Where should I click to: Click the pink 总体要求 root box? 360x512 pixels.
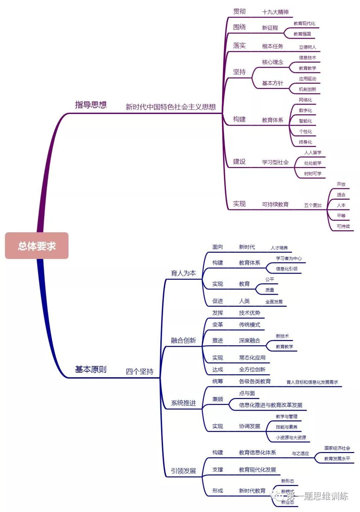pos(37,246)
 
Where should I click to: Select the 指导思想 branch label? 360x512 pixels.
pos(91,105)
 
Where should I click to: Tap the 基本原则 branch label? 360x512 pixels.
pos(91,369)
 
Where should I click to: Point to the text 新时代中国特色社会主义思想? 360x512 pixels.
pos(171,107)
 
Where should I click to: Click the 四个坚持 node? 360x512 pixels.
pos(140,371)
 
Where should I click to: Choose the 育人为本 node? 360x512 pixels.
pos(183,273)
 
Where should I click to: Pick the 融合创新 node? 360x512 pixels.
pos(183,340)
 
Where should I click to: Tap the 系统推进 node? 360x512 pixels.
pos(183,403)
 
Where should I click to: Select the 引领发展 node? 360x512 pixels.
pos(183,471)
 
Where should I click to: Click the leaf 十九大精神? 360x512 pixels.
pos(275,12)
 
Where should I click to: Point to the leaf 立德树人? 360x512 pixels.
pos(307,47)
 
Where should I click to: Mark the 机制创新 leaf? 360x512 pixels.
pos(307,89)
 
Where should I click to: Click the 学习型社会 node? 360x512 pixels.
pos(275,162)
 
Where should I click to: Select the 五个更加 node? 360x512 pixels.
pos(313,205)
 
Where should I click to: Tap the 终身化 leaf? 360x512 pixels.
pos(305,142)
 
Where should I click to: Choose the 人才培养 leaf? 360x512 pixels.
pos(279,248)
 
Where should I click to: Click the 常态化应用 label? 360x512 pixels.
pos(252,358)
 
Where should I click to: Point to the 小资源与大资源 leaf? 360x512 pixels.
pos(291,437)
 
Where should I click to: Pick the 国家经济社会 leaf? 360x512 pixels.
pos(337,448)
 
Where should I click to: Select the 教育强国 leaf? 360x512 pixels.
pos(302,34)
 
